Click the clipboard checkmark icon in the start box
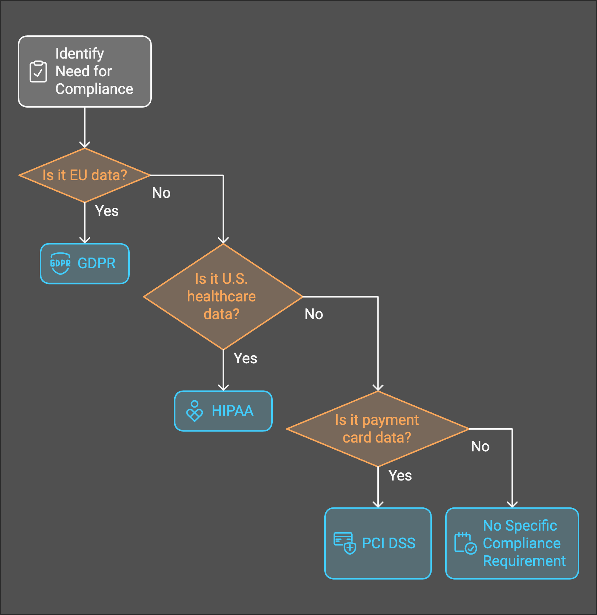(x=38, y=71)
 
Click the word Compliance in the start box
(x=94, y=89)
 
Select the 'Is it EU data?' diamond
(x=85, y=175)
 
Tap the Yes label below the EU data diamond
(x=107, y=211)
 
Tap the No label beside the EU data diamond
(x=161, y=193)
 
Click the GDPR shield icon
(x=60, y=263)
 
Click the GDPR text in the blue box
(x=97, y=263)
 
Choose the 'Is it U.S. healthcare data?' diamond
(x=223, y=297)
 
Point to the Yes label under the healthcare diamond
(x=245, y=359)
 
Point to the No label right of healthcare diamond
(x=314, y=314)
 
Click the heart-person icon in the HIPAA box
(x=195, y=411)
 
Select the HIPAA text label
(x=233, y=411)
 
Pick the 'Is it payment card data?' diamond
(x=377, y=429)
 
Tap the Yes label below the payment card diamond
(x=400, y=476)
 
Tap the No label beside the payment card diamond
(x=480, y=447)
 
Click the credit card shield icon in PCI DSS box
(x=345, y=543)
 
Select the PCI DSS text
(x=389, y=543)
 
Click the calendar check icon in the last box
(x=465, y=543)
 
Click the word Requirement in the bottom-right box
(x=524, y=561)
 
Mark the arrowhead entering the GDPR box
(x=85, y=240)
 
